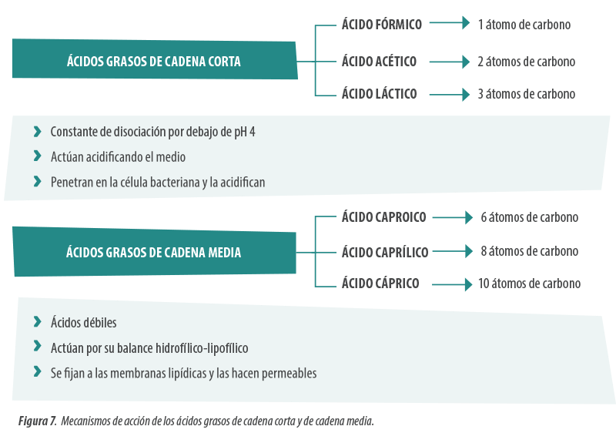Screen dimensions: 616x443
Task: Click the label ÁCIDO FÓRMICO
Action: (x=381, y=24)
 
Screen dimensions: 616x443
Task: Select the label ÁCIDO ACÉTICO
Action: (x=379, y=61)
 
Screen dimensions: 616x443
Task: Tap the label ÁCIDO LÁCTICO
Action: (x=379, y=93)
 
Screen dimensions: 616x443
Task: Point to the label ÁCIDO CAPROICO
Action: (x=383, y=216)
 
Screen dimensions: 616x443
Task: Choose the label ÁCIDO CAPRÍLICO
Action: (x=385, y=252)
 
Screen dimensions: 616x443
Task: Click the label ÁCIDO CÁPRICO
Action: (x=380, y=283)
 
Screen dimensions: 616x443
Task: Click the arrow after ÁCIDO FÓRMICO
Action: (x=450, y=23)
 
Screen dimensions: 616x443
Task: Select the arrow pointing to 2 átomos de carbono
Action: (x=450, y=62)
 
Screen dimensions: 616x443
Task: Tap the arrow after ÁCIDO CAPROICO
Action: (x=453, y=217)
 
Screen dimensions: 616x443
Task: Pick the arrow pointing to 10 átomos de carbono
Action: (x=452, y=284)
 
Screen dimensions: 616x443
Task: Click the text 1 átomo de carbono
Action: (x=524, y=25)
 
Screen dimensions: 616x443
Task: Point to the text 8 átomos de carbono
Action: (x=530, y=251)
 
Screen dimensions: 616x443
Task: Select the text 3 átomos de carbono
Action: (x=527, y=94)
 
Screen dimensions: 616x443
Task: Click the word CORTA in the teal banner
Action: (x=224, y=62)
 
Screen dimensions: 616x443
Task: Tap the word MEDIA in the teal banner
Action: (x=224, y=252)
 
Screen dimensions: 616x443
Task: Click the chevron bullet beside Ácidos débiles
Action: (x=37, y=321)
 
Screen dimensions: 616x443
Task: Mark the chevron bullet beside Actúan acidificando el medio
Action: (x=37, y=156)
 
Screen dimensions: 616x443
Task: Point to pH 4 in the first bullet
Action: (x=245, y=132)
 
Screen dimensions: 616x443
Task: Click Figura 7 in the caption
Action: (x=37, y=421)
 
